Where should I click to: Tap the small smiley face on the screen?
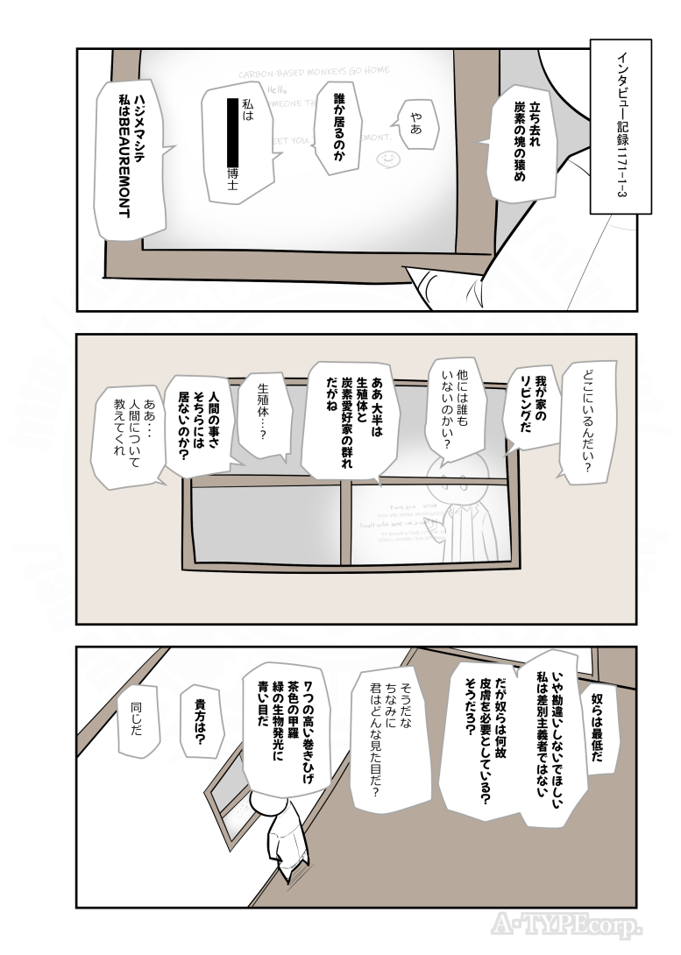[x=387, y=159]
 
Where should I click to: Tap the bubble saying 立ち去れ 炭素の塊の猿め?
[x=530, y=145]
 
